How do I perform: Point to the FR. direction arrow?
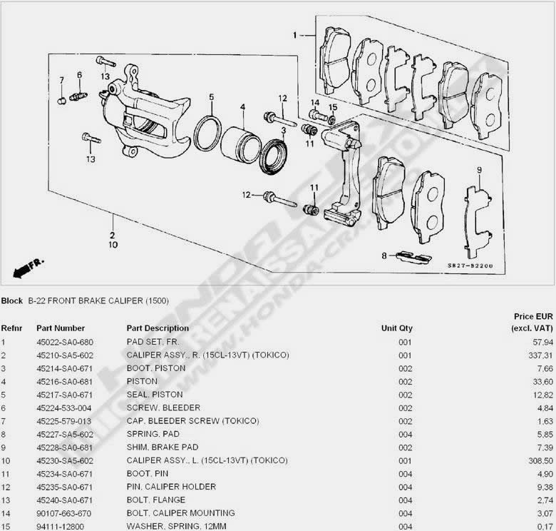28,268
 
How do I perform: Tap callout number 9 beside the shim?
480,170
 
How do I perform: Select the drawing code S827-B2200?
470,266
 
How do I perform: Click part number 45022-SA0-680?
65,343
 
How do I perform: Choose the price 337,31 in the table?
539,355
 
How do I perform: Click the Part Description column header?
158,328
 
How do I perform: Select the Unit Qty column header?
397,328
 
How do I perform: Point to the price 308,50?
539,460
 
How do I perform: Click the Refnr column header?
11,328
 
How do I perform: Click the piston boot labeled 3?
274,156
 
